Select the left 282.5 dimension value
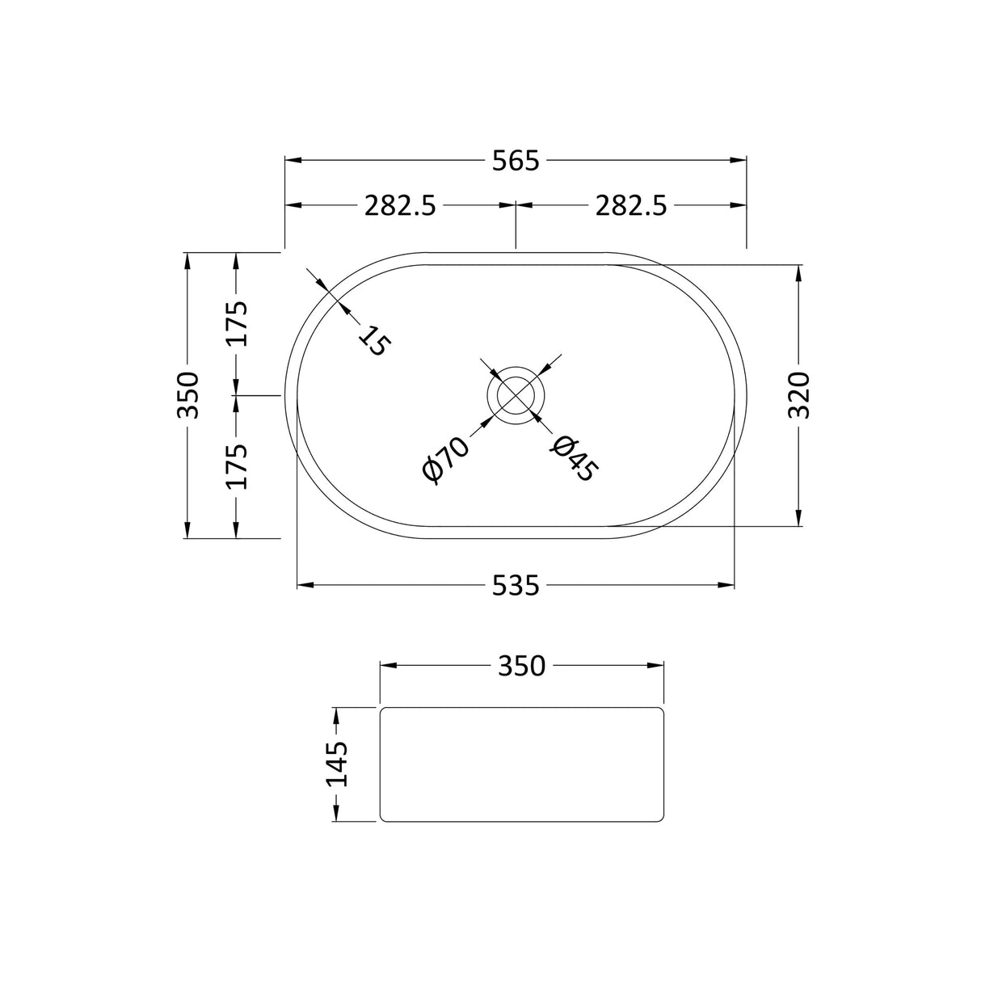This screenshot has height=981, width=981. pos(400,207)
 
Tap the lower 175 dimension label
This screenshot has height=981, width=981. pos(236,466)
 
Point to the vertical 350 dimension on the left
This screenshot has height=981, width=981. pos(187,395)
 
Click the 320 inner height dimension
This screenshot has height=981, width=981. pos(798,395)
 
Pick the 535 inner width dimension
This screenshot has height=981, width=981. pos(515,585)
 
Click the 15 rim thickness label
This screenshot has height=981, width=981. pos(374,340)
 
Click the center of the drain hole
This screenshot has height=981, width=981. pos(516,395)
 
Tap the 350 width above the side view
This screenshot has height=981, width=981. pos(521,667)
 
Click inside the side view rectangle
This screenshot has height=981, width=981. pos(521,764)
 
